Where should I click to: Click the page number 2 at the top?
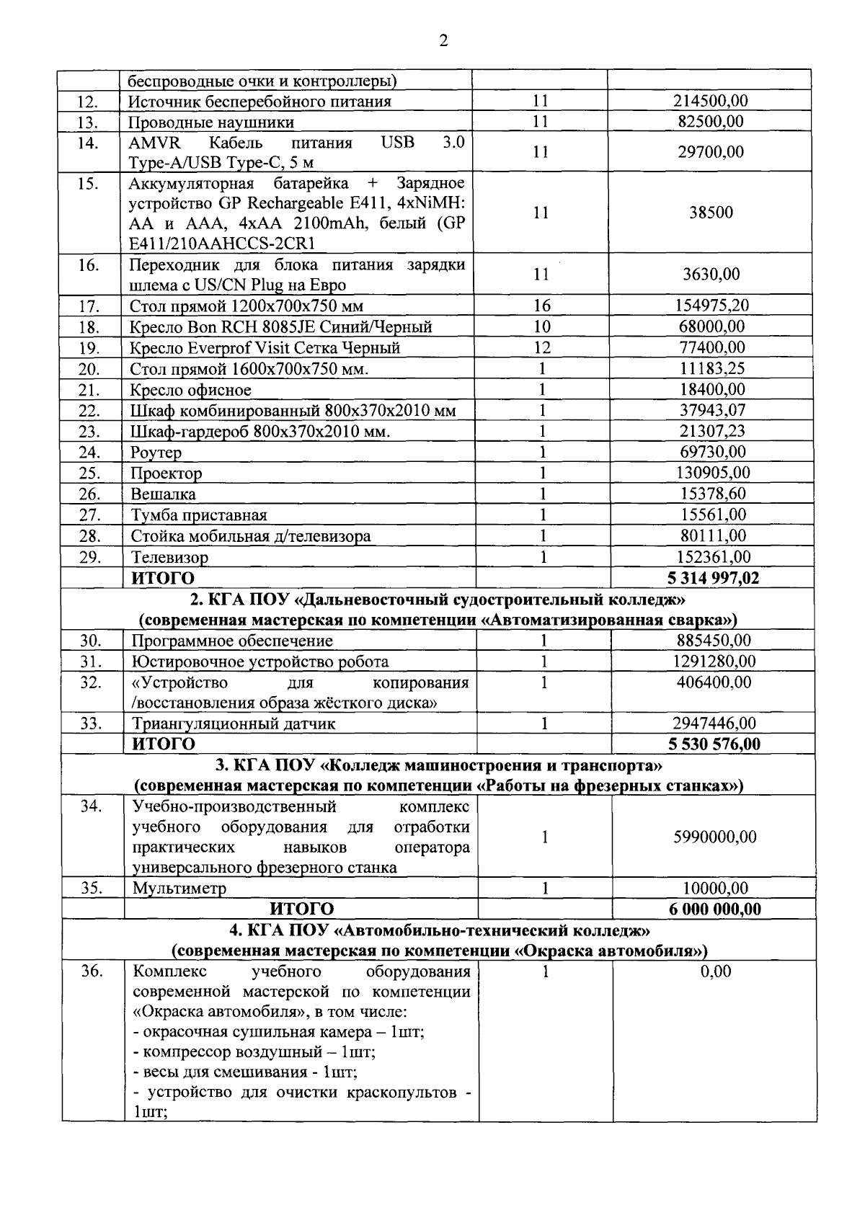(x=443, y=41)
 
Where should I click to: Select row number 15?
(x=88, y=183)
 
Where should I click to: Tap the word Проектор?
(x=166, y=473)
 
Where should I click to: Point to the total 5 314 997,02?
(x=714, y=578)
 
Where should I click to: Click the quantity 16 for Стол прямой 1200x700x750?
(x=542, y=306)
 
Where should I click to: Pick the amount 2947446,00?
(x=714, y=723)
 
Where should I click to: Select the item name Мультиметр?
(x=179, y=889)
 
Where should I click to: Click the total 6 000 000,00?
(x=715, y=909)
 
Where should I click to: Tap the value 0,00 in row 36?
(x=716, y=971)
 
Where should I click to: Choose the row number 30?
(x=90, y=641)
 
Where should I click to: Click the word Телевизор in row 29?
(x=169, y=557)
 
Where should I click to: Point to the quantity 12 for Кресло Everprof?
(x=542, y=347)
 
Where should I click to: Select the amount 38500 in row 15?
(x=711, y=213)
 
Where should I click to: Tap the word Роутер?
(x=156, y=453)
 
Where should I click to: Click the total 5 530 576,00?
(x=714, y=744)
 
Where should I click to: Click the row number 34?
(x=91, y=806)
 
